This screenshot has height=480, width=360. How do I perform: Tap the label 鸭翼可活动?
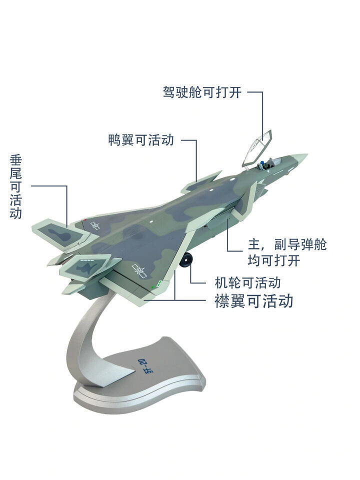[x=141, y=140]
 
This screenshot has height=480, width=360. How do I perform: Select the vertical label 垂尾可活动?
[x=16, y=186]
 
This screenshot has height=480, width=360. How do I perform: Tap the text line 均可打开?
[x=273, y=260]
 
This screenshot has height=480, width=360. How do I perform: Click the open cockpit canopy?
[x=256, y=147]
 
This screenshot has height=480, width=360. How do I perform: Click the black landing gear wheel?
[x=186, y=259]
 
